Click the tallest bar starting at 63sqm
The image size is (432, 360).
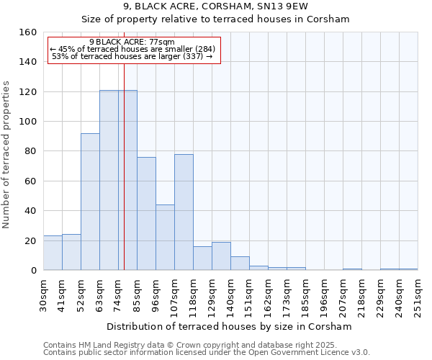pos(109,180)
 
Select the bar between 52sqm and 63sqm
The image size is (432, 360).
pos(90,202)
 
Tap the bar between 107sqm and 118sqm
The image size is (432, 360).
pos(184,212)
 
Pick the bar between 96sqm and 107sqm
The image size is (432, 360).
pos(165,238)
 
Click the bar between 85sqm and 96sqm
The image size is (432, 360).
pos(146,214)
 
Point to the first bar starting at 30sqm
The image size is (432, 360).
pos(53,253)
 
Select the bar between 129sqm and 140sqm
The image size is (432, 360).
pos(221,256)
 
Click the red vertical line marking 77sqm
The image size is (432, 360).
pos(124,180)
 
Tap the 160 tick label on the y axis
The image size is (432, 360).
pos(28,32)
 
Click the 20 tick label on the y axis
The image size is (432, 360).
pos(31,240)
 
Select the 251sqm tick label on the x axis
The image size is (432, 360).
pos(418,295)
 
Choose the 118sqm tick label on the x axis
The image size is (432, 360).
pos(193,295)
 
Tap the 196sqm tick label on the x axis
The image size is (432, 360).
pos(324,295)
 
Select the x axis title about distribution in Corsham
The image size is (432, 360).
pos(229,326)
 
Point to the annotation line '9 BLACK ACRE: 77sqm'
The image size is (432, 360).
pos(132,42)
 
